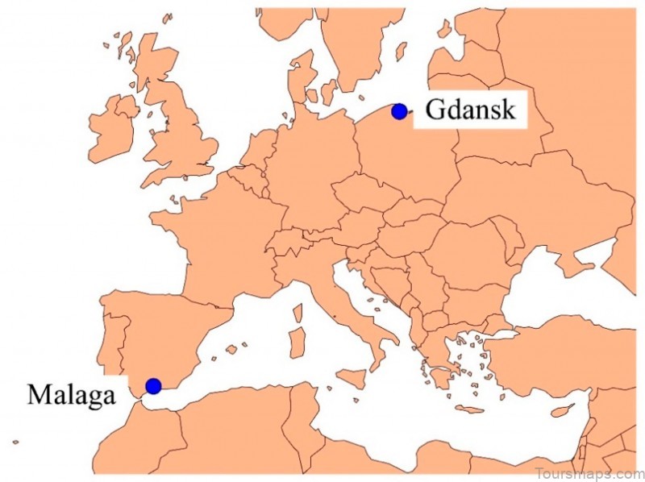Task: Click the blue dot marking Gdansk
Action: [x=398, y=111]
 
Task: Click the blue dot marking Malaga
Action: [x=153, y=385]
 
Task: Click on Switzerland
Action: [x=284, y=242]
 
